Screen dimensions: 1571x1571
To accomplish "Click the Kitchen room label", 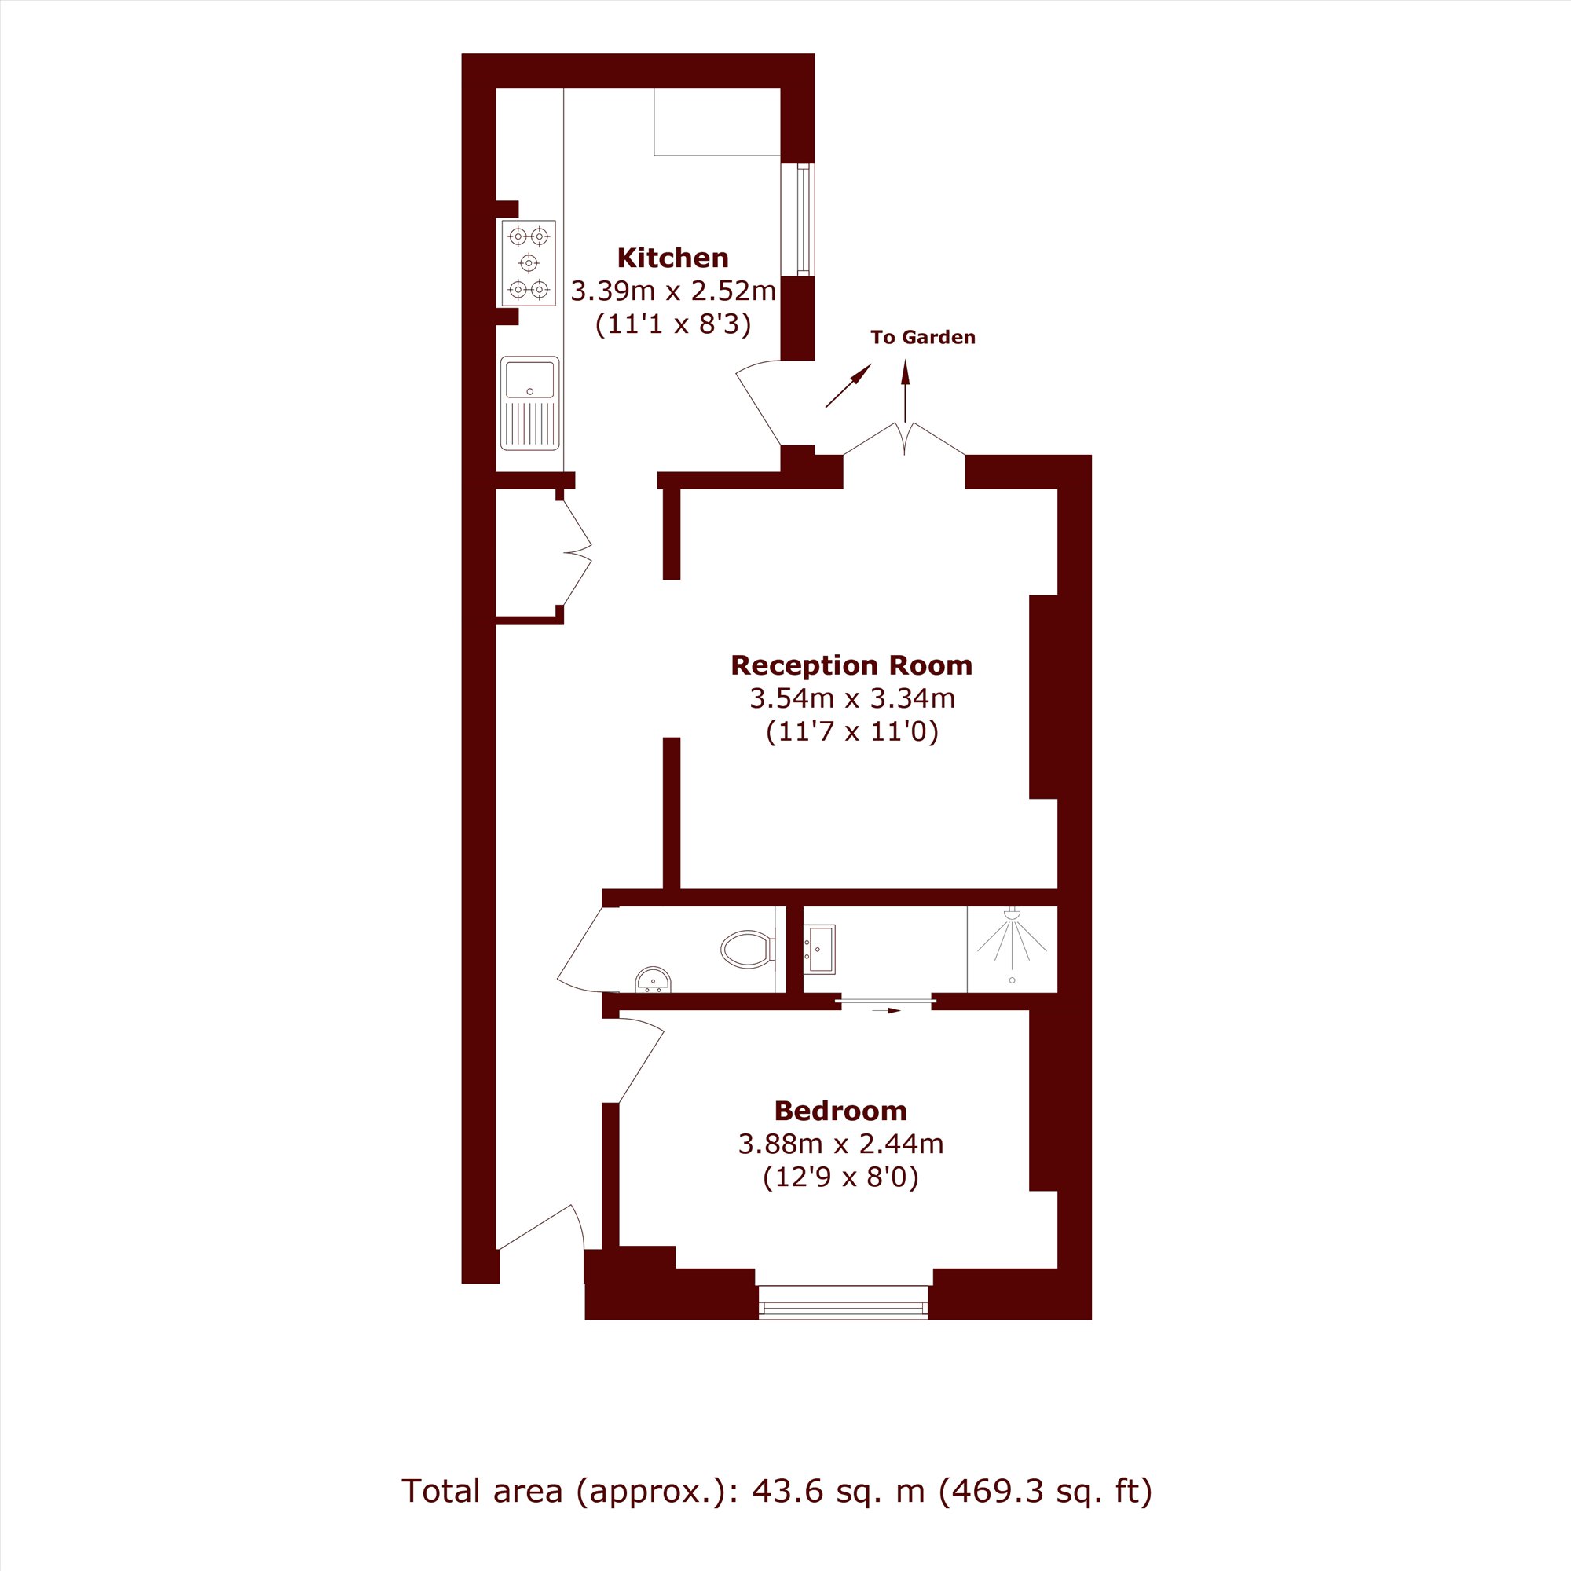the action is click(x=672, y=258).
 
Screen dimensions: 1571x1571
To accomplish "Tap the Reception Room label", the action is click(x=851, y=665).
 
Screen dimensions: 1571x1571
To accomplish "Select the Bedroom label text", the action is click(x=840, y=1110).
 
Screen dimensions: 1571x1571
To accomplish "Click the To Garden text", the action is click(x=922, y=338).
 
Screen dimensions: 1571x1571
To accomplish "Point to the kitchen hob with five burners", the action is click(x=529, y=262).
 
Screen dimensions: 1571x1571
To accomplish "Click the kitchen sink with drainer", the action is click(x=530, y=402).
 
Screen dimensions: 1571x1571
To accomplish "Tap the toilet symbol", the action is click(x=747, y=948).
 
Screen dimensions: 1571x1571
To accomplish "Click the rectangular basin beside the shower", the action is click(x=819, y=949).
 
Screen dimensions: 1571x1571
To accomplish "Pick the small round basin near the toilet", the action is click(x=653, y=980).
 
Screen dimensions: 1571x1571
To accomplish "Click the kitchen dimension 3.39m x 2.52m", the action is click(x=673, y=291).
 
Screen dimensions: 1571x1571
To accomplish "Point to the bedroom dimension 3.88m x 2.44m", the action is click(x=840, y=1144).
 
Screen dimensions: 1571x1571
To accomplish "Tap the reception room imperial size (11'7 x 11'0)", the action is click(x=852, y=732).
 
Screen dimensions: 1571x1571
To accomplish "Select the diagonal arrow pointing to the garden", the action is click(x=848, y=386).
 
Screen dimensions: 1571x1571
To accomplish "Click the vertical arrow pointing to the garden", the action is click(x=905, y=391).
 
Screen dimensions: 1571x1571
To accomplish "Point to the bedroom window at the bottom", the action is click(x=842, y=1300).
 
